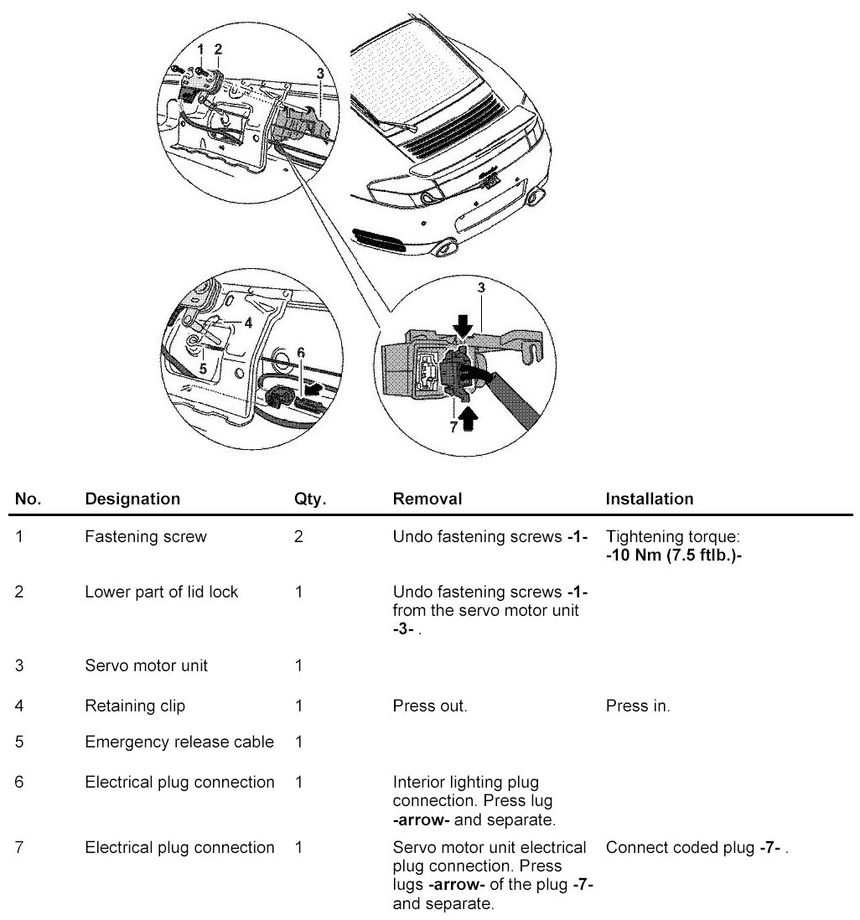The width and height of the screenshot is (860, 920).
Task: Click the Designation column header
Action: click(x=132, y=499)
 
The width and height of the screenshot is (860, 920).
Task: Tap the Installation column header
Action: click(x=650, y=499)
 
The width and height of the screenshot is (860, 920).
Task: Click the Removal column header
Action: click(x=427, y=499)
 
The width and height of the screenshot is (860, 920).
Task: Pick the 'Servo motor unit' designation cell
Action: click(x=147, y=666)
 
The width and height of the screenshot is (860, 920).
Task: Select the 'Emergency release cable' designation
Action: click(x=179, y=742)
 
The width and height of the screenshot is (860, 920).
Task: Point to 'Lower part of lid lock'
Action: click(x=162, y=592)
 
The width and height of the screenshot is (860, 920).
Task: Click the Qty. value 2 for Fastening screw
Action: click(x=299, y=537)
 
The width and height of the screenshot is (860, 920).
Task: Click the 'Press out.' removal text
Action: click(x=430, y=706)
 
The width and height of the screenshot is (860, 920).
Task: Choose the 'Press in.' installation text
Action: click(x=638, y=706)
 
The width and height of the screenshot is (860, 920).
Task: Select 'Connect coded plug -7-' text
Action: click(x=697, y=848)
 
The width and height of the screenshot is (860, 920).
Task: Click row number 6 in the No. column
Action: click(x=19, y=783)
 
